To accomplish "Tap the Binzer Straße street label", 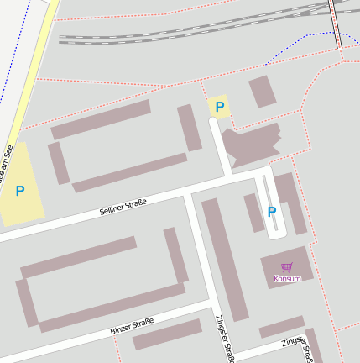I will [x=132, y=326].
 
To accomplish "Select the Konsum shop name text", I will [x=287, y=278].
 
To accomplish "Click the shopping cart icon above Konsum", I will [x=287, y=267].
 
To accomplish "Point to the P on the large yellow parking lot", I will [x=20, y=191].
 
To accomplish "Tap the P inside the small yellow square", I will [x=219, y=107].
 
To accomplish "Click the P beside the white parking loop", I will [x=271, y=212].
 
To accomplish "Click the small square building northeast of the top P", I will [x=262, y=91].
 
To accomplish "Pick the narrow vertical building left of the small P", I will [x=190, y=127].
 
